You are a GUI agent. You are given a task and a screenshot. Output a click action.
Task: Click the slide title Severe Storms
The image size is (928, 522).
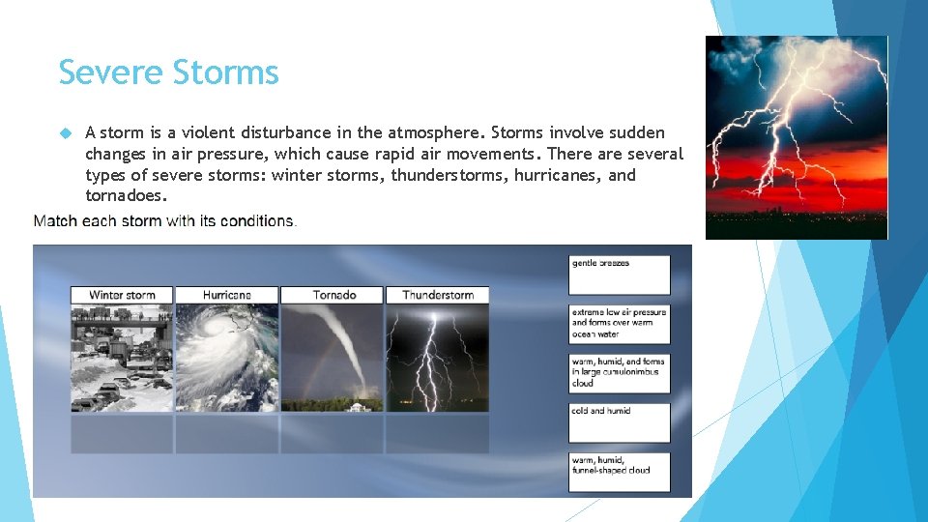click(x=168, y=72)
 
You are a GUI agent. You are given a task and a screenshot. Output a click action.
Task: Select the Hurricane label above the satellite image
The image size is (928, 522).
click(x=227, y=295)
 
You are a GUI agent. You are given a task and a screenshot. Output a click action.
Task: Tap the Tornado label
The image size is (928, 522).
click(x=333, y=295)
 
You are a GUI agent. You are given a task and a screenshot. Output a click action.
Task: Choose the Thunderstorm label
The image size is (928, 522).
click(x=438, y=295)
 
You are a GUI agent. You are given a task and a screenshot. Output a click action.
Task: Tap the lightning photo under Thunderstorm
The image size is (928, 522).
click(x=438, y=358)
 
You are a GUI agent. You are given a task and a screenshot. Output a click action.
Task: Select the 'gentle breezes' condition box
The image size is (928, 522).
click(x=619, y=275)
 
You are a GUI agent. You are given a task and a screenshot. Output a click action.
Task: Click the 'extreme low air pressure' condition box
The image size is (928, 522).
click(x=619, y=324)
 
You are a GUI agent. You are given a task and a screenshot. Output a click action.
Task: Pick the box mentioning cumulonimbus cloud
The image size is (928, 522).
click(x=619, y=373)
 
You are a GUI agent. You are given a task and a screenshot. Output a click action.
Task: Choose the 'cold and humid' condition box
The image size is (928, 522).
click(x=619, y=422)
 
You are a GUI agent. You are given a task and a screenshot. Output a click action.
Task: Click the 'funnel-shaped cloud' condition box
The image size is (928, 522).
click(x=619, y=472)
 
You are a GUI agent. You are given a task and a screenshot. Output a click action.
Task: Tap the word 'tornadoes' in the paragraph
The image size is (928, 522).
click(x=126, y=196)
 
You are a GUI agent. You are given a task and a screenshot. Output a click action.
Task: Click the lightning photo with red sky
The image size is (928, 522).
click(x=796, y=137)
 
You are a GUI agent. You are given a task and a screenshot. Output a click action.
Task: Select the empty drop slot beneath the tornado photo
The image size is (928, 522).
click(x=333, y=433)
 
